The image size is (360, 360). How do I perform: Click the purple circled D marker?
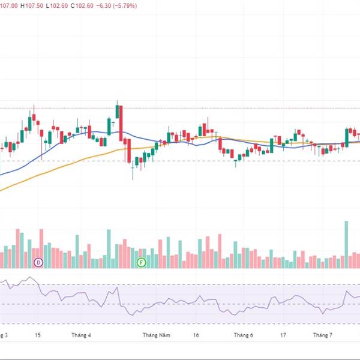pos(39,262)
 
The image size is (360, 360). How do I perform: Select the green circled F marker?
pos(141,262)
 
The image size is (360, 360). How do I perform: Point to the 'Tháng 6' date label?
pos(244,335)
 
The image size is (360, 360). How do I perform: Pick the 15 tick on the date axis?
pos(37,335)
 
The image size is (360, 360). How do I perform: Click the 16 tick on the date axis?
pos(196,335)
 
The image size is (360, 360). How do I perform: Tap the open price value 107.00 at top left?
pos(8,5)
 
